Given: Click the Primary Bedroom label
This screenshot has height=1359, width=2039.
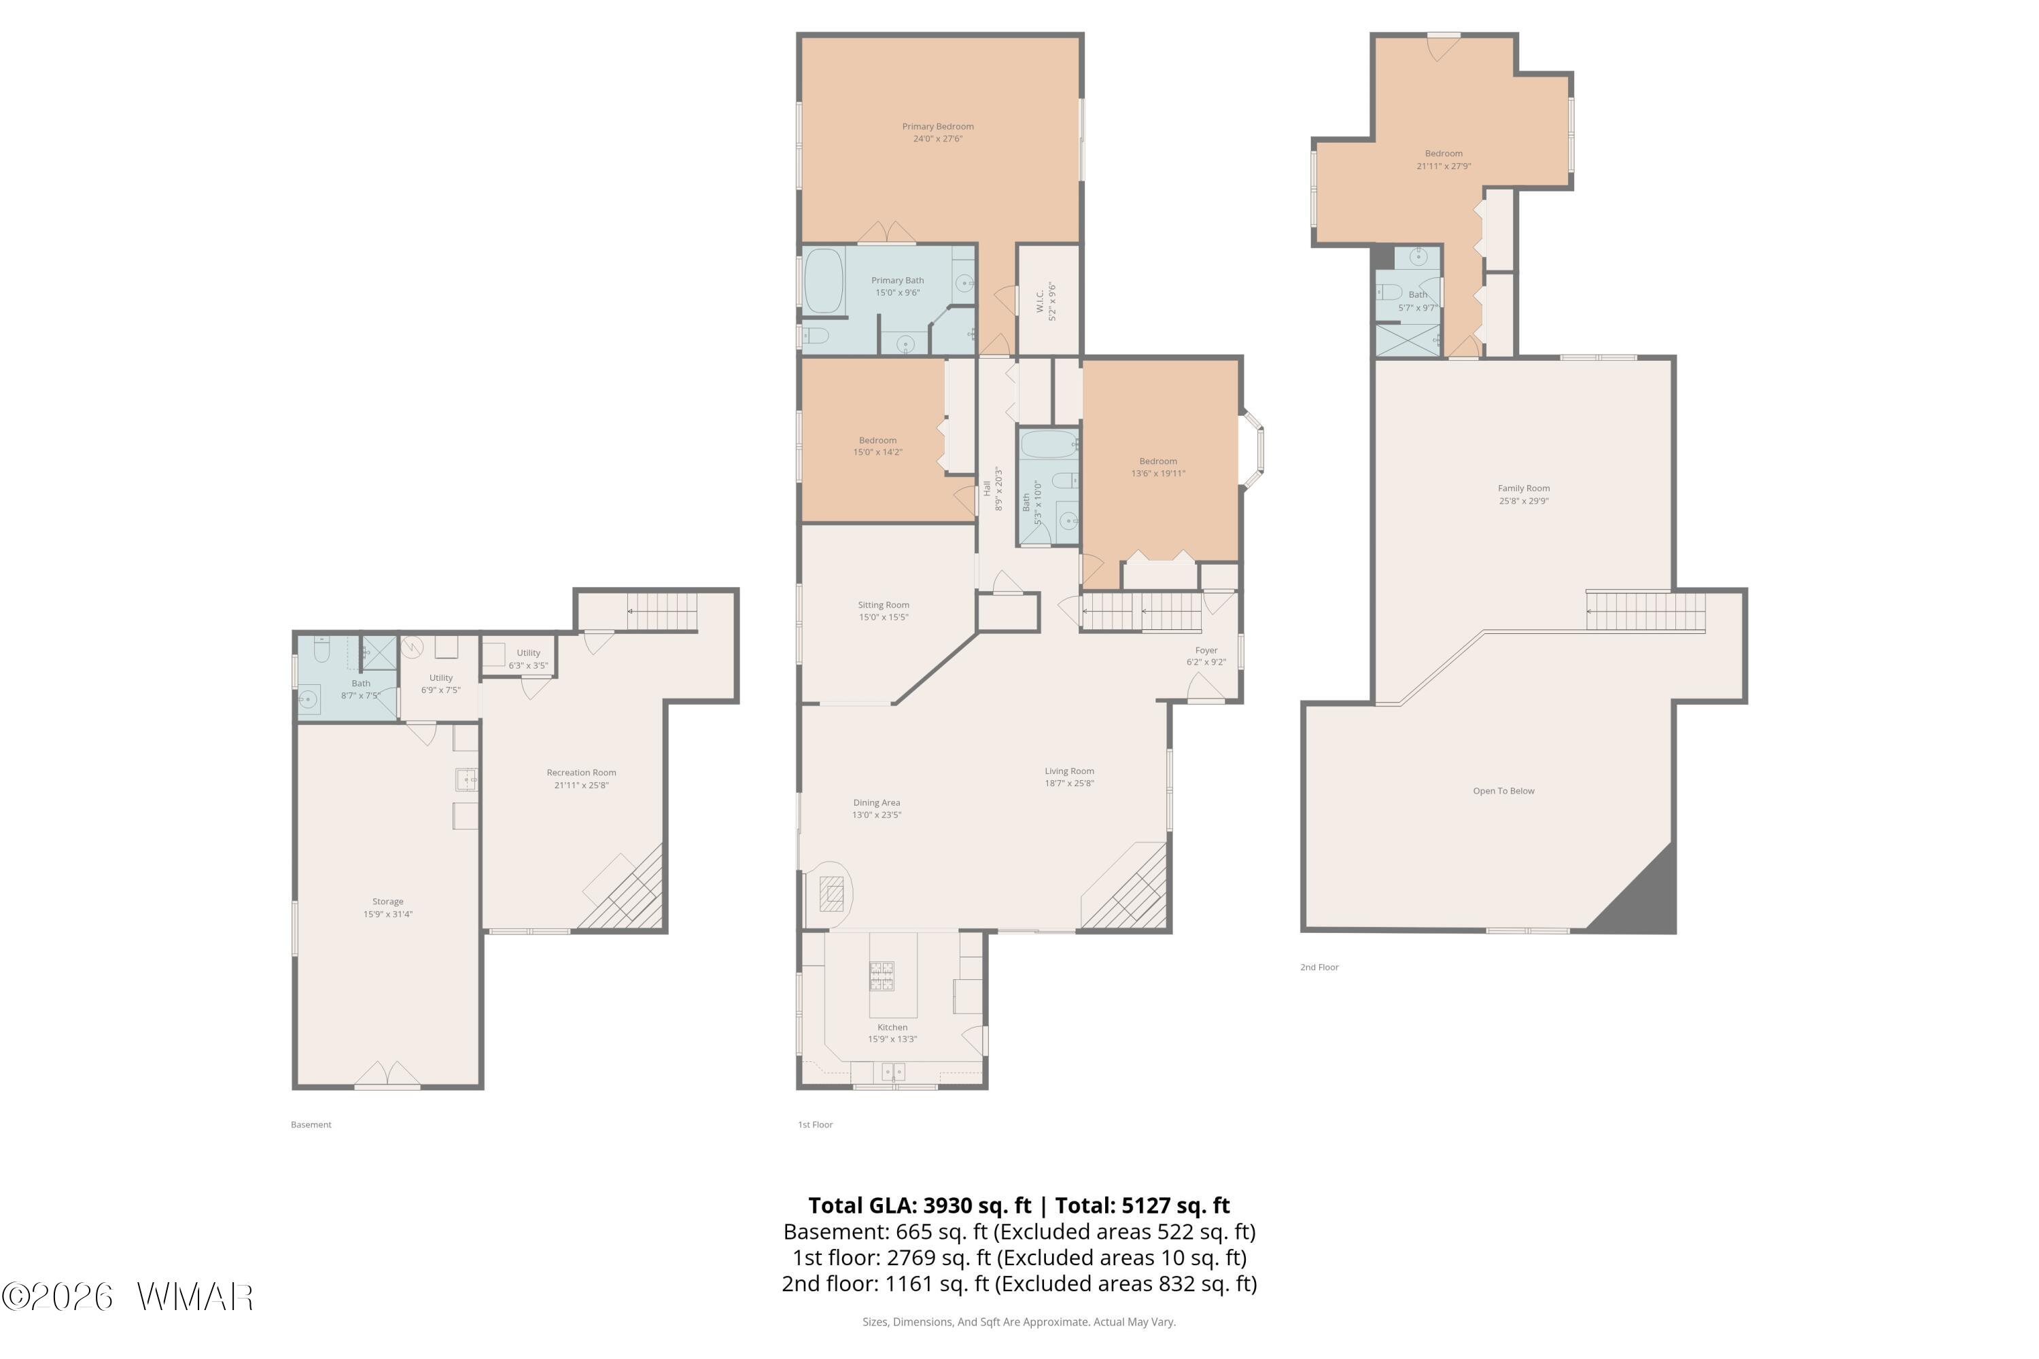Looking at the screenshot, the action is pyautogui.click(x=937, y=126).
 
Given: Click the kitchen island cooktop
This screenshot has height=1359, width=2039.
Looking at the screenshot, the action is pyautogui.click(x=882, y=975).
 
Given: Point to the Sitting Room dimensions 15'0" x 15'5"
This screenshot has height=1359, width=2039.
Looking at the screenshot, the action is pyautogui.click(x=884, y=617).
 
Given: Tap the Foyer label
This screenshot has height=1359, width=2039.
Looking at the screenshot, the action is pyautogui.click(x=1206, y=650).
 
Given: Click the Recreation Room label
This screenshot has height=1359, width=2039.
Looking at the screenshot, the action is pyautogui.click(x=581, y=772).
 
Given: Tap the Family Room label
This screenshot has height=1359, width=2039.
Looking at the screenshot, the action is pyautogui.click(x=1523, y=488).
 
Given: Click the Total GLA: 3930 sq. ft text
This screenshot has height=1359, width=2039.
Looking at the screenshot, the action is pyautogui.click(x=920, y=1205).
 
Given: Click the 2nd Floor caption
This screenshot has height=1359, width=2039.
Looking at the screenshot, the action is pyautogui.click(x=1319, y=967).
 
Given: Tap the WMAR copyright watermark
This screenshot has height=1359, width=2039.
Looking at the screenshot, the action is pyautogui.click(x=128, y=1296).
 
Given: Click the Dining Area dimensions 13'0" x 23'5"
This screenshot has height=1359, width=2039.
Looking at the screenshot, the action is pyautogui.click(x=877, y=815).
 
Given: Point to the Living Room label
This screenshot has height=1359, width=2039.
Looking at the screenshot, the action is pyautogui.click(x=1069, y=771).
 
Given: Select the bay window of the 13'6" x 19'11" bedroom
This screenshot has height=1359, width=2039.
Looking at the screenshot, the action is pyautogui.click(x=1253, y=451).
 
